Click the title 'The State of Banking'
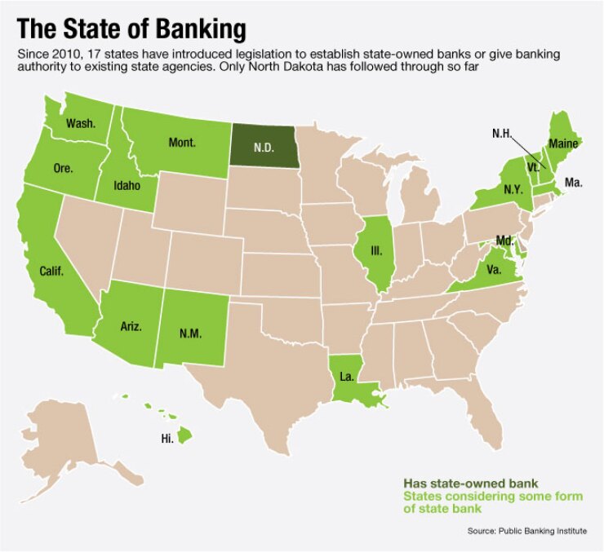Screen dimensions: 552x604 click(x=131, y=29)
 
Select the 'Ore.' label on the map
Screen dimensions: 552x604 click(x=63, y=169)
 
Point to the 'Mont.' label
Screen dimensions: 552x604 click(x=181, y=143)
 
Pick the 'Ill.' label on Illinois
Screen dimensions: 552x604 click(x=376, y=251)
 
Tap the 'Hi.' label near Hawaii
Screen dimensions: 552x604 click(x=167, y=439)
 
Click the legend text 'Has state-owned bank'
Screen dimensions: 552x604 click(x=459, y=482)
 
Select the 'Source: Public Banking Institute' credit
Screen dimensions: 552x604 click(x=526, y=531)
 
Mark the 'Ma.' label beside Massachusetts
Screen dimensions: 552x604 click(x=573, y=184)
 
